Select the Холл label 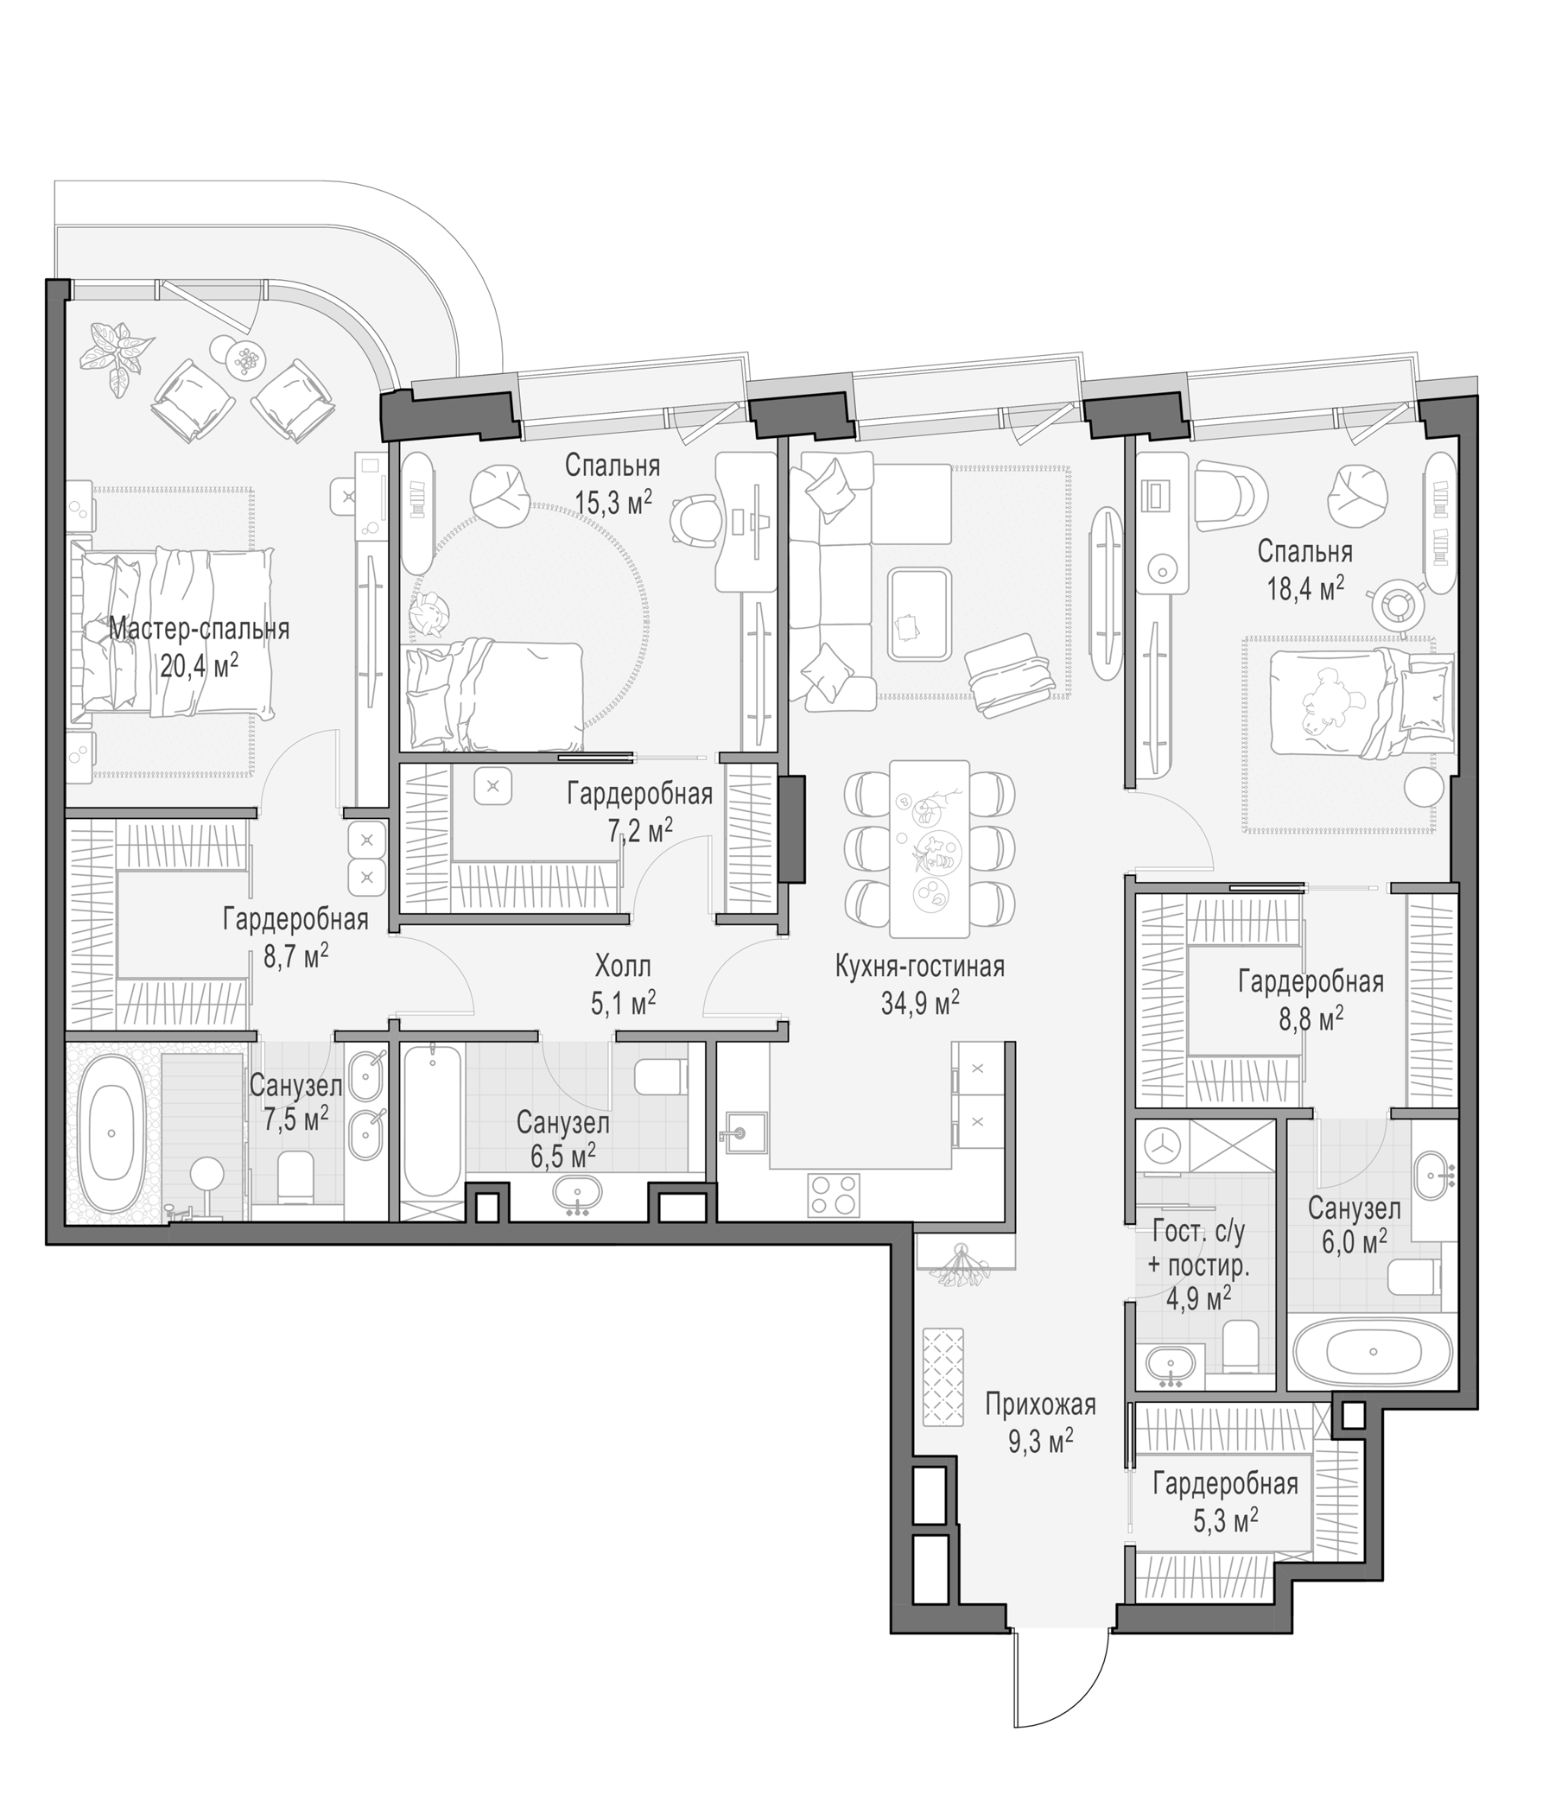(x=623, y=967)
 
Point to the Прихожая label (x=1040, y=1406)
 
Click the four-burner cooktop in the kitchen (x=835, y=1195)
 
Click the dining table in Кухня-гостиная (x=929, y=848)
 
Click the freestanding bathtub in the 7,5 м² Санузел (x=111, y=1132)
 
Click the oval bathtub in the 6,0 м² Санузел (x=1372, y=1352)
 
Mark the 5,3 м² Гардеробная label (x=1225, y=1499)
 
